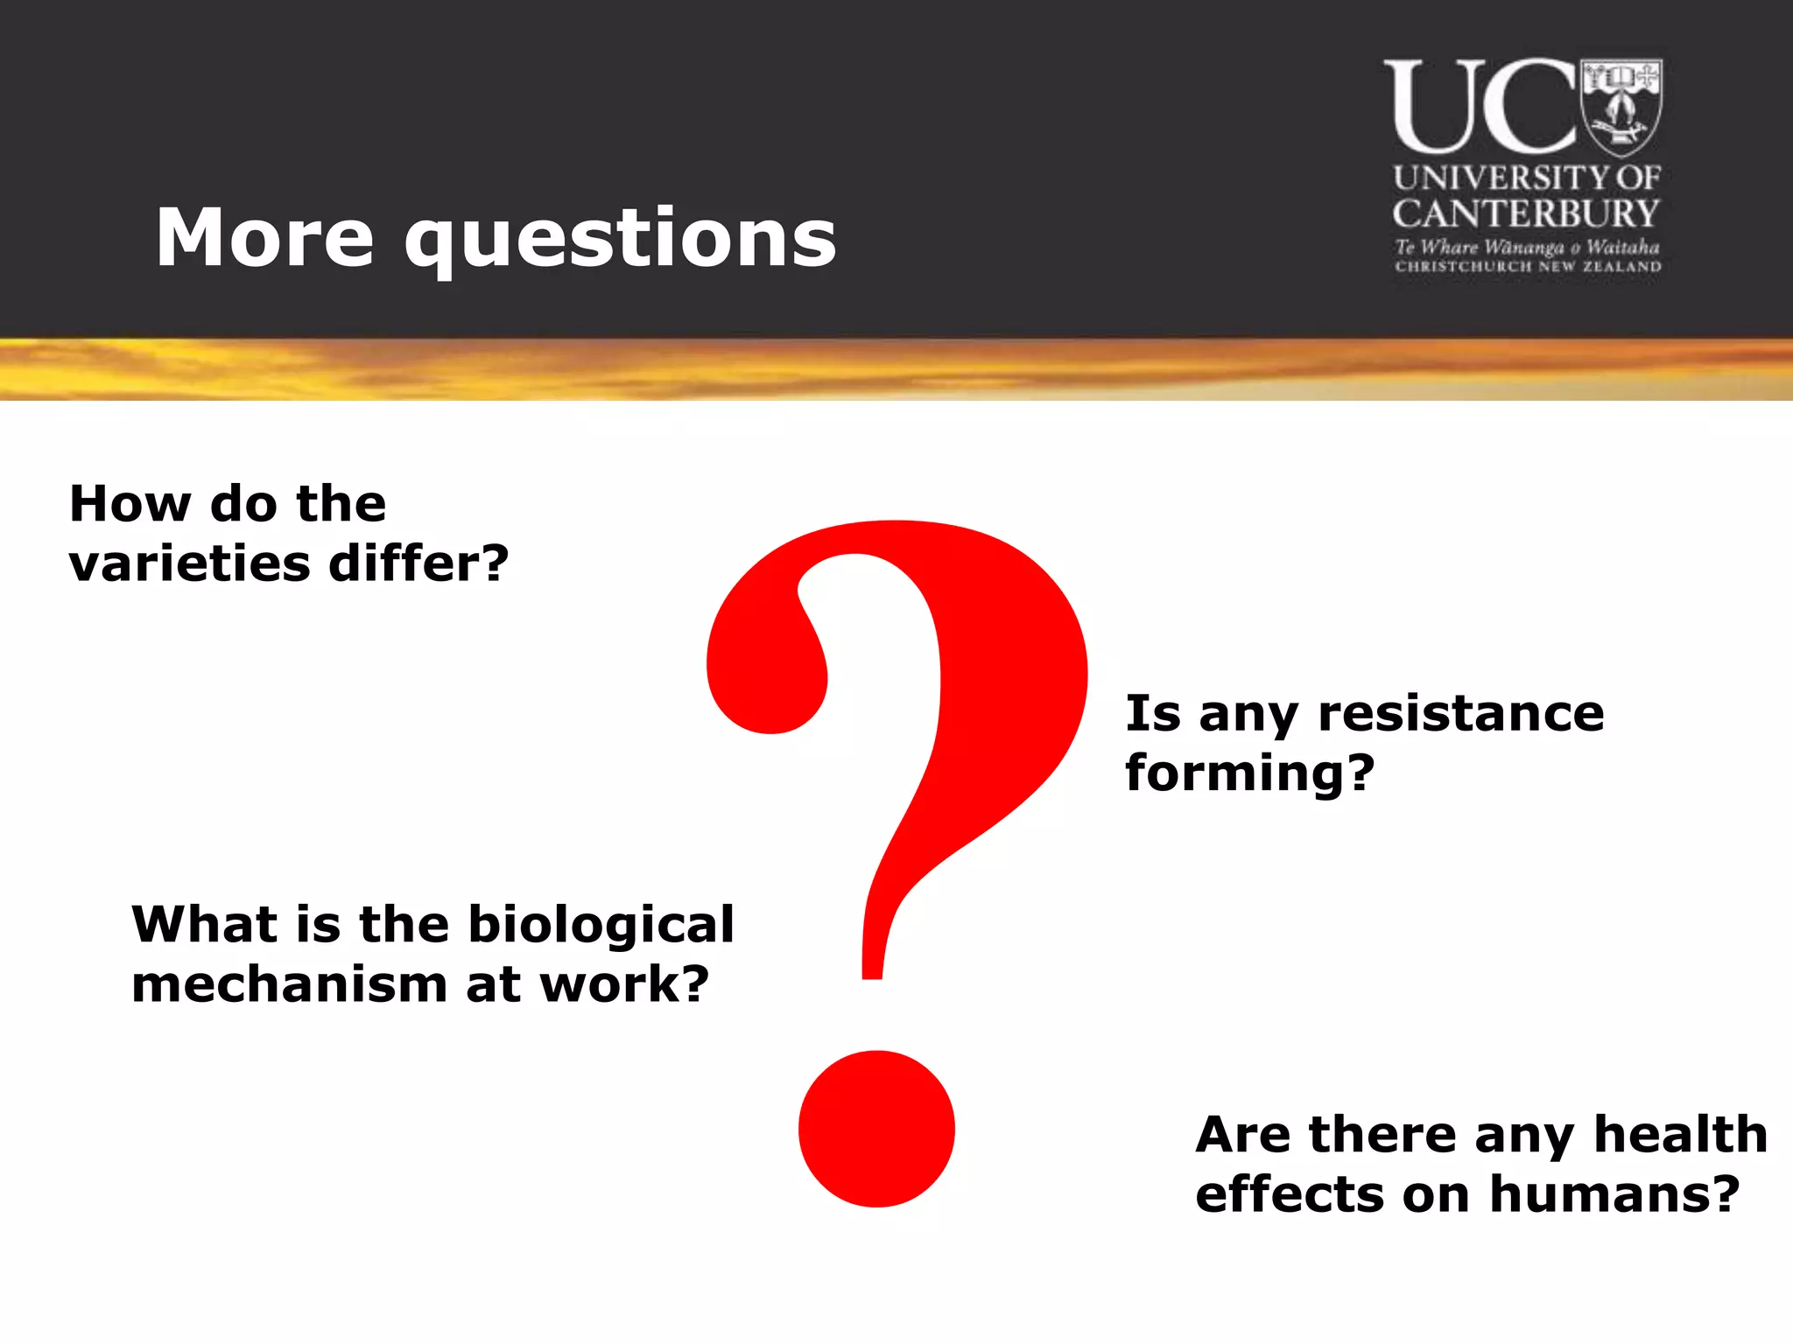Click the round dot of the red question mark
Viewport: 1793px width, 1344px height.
coord(876,1129)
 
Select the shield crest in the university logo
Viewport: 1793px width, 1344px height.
coord(1621,105)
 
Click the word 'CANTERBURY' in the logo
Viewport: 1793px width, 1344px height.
coord(1526,213)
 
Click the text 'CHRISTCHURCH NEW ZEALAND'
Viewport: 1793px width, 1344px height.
coord(1528,266)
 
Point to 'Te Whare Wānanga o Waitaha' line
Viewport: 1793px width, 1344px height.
coord(1527,247)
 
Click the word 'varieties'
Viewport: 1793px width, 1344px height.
coord(189,563)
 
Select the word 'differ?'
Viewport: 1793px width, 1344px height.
coord(418,563)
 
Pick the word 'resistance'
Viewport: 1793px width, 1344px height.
coord(1460,713)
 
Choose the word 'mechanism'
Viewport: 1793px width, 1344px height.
coord(290,984)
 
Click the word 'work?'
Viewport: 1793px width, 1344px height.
coord(623,984)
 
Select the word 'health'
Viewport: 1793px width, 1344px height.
coord(1680,1134)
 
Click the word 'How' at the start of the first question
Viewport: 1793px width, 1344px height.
coord(130,504)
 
